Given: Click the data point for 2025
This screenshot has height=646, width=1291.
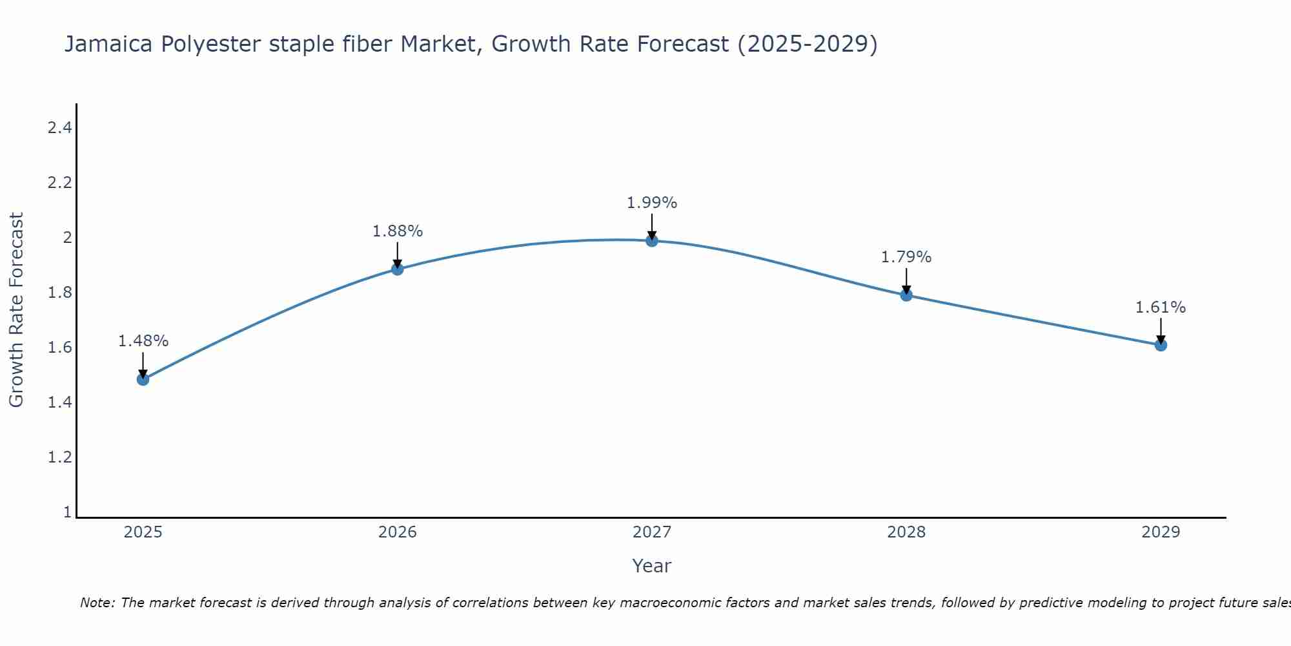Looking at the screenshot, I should point(143,379).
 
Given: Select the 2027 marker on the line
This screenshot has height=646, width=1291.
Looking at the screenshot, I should point(652,241).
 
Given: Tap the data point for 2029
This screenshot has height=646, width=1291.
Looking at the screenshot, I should point(1161,345).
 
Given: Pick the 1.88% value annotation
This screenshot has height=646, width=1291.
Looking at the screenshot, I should point(398,231).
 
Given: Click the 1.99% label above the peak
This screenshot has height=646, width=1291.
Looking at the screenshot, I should point(652,203).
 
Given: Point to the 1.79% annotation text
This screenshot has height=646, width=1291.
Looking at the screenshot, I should point(906,257).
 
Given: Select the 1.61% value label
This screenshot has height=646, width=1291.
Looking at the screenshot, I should point(1161,307).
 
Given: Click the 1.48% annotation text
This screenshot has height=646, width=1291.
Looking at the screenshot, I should point(143,341).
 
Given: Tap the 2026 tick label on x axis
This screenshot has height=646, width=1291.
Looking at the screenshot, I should point(398,532).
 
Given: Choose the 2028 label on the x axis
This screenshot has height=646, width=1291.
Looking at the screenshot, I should point(906,532).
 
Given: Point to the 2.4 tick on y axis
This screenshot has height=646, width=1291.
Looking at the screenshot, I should point(59,128).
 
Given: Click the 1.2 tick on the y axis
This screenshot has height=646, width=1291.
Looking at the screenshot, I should point(59,457).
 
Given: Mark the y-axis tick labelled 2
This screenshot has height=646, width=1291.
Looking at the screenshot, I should point(66,238).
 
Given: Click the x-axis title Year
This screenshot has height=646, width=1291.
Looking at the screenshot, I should point(652,566).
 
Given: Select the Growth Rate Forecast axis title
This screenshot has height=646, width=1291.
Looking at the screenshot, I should point(16,309).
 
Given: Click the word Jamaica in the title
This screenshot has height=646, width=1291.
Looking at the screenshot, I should point(108,44).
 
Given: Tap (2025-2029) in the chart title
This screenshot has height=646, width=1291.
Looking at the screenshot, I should point(808,44).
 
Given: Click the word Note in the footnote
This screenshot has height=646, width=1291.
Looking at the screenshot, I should point(97,603).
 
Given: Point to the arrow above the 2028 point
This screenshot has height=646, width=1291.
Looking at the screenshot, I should point(906,282).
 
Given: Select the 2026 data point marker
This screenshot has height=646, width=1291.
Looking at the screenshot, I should point(398,269).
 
